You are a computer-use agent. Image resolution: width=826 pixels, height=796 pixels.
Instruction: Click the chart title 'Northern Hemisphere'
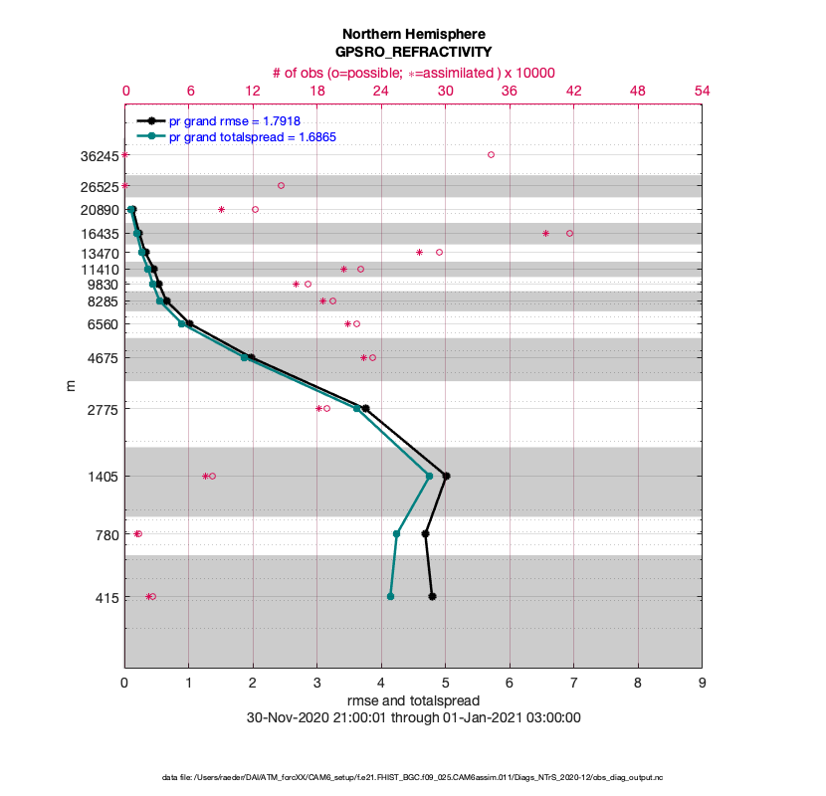[x=413, y=33]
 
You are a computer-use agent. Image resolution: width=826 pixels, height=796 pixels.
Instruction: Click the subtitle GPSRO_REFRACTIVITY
[x=413, y=52]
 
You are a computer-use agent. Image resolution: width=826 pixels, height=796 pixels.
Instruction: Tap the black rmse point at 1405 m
[x=446, y=476]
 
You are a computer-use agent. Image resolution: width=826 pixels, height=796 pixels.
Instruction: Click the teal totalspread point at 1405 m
[x=429, y=476]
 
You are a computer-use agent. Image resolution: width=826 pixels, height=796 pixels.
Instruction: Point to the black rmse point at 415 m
[x=432, y=596]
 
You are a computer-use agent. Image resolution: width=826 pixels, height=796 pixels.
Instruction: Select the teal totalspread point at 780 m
[x=396, y=533]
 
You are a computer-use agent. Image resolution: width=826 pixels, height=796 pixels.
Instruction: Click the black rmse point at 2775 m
[x=365, y=408]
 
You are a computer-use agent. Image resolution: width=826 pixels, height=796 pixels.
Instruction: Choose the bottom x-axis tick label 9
[x=702, y=685]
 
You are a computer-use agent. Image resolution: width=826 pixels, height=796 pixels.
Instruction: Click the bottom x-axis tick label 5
[x=445, y=685]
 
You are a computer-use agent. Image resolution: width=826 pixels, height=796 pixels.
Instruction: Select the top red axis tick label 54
[x=702, y=91]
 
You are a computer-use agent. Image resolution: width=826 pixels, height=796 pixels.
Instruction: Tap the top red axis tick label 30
[x=445, y=91]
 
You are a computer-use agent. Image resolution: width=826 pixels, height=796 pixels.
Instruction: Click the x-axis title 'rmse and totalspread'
[x=413, y=700]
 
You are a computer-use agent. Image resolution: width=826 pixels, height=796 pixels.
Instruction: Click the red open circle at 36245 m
[x=491, y=154]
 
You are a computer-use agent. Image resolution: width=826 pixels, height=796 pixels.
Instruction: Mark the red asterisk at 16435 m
[x=545, y=233]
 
